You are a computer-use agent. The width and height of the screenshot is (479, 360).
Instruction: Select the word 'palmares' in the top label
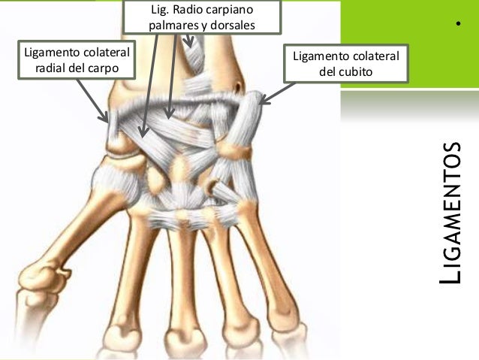click(171, 26)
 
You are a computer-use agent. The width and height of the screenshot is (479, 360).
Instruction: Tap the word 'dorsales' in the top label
click(232, 26)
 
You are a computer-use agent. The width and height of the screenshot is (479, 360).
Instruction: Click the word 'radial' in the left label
click(53, 69)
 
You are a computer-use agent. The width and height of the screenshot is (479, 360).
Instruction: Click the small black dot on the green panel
click(456, 29)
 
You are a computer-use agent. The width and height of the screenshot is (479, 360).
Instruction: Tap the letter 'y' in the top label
click(202, 26)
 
